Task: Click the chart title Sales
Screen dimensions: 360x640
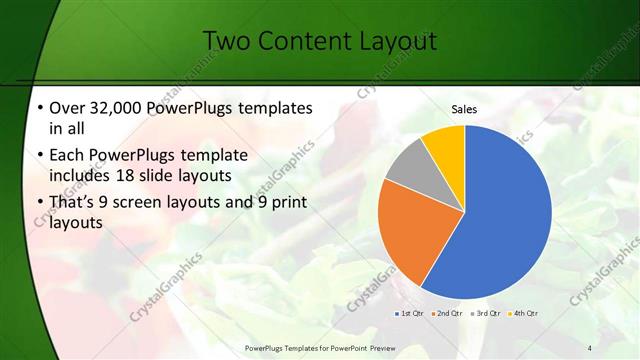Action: (x=464, y=109)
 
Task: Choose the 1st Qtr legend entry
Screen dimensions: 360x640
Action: (x=409, y=313)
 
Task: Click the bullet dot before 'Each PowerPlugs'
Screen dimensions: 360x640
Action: (x=39, y=156)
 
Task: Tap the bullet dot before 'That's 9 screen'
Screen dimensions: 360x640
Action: (x=39, y=203)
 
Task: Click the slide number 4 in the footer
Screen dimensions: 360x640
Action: (x=589, y=347)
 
